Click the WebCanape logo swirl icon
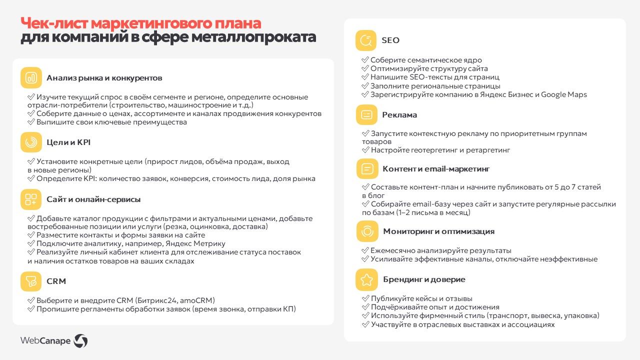80,341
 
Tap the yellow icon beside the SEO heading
365,40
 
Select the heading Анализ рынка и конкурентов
104,78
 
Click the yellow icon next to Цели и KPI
31,142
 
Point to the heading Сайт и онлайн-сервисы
93,199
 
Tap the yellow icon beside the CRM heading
31,281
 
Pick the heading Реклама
399,115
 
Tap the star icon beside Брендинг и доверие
366,279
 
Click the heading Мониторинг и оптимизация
438,231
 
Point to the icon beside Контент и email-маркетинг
367,169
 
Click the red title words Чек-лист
54,23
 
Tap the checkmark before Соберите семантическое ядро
365,60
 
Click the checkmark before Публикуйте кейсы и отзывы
365,298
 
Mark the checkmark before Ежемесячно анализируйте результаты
365,250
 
